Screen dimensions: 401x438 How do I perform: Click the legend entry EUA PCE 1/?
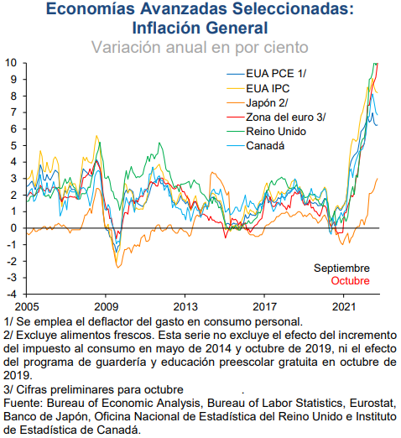point(266,74)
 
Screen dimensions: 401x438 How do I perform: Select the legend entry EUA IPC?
point(258,89)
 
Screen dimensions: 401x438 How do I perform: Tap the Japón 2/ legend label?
point(257,103)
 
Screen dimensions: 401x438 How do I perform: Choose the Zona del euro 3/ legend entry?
point(276,117)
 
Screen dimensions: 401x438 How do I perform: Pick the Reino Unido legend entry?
point(266,132)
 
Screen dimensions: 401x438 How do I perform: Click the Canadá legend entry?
point(256,146)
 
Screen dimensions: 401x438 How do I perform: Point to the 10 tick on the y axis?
point(11,62)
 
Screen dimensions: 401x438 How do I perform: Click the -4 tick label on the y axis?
point(11,294)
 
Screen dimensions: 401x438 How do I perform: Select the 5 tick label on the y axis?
point(13,145)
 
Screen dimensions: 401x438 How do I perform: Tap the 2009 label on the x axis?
point(106,307)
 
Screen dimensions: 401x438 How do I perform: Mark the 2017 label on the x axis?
point(264,307)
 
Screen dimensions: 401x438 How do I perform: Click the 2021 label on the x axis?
point(344,307)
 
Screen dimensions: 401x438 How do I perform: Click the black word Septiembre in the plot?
point(341,269)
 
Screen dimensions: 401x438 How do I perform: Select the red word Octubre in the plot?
point(350,280)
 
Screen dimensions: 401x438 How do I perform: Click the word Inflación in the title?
point(167,28)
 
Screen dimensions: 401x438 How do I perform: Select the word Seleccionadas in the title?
point(293,8)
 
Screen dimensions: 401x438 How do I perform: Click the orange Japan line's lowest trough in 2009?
point(118,268)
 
